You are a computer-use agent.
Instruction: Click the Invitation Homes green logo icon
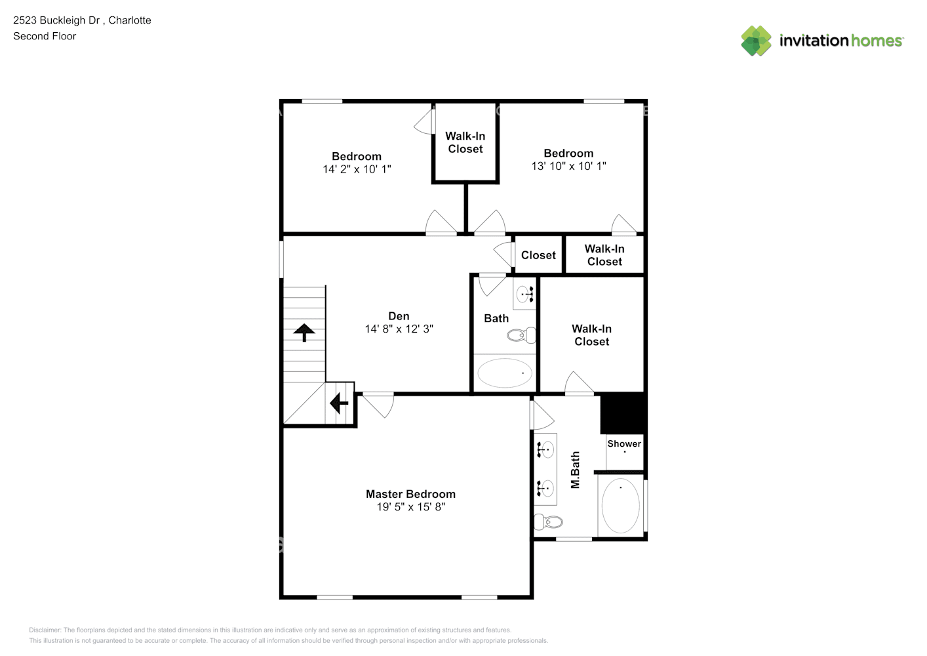756,41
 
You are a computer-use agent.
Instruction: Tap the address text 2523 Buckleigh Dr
56,20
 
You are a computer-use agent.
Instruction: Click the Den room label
399,316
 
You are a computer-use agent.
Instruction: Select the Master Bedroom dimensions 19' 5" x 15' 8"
410,507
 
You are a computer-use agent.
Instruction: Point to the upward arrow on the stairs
304,332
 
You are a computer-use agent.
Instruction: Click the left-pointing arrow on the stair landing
339,403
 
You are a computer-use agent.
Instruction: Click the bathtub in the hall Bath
505,373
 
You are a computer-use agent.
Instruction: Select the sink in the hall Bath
524,294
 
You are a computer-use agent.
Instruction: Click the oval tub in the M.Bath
620,505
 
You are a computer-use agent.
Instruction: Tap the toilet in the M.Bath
549,522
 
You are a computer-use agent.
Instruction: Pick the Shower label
624,443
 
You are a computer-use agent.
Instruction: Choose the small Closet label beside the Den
538,255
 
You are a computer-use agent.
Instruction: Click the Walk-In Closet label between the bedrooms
465,142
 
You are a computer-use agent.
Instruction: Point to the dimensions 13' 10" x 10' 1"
568,167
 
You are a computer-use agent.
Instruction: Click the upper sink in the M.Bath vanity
545,449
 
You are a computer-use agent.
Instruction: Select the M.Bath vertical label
576,470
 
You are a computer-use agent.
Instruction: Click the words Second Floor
45,36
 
